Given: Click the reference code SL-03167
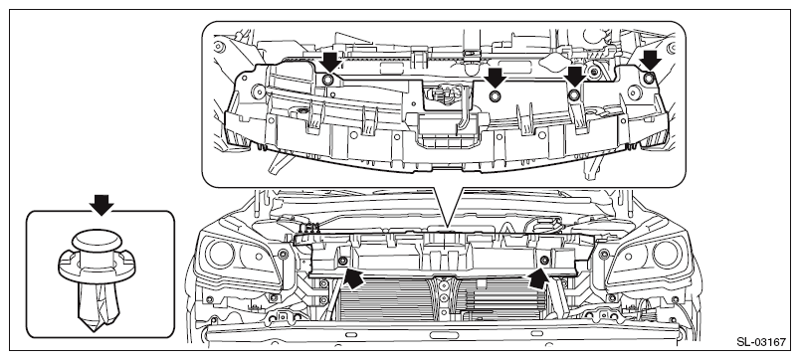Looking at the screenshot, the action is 761,342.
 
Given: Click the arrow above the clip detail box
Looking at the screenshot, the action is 101,205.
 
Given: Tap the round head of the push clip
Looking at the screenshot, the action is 97,241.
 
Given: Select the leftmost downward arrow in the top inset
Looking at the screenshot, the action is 330,61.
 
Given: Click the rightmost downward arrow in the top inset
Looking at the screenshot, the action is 651,61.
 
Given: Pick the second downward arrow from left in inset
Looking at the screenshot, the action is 496,78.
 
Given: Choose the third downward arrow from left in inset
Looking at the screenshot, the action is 575,76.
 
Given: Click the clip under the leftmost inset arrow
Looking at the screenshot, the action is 328,80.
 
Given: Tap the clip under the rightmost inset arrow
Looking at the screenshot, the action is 649,79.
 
